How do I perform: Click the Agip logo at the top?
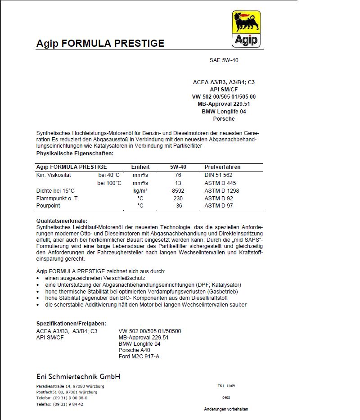[246, 29]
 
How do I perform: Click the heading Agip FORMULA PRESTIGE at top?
[100, 44]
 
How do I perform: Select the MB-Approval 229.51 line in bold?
[223, 104]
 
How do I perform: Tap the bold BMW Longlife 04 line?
[224, 111]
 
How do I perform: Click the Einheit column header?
[140, 167]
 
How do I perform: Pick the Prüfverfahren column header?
[222, 167]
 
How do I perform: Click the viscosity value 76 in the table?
[178, 175]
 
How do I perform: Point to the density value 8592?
[178, 191]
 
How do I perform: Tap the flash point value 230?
[178, 199]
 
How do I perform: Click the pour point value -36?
[178, 206]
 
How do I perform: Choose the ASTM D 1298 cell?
[222, 191]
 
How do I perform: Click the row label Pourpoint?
[48, 206]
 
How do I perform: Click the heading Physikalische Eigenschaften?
[75, 154]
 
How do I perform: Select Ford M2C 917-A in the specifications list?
[139, 357]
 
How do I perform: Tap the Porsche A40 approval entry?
[134, 350]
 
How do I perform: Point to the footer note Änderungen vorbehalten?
[226, 409]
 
